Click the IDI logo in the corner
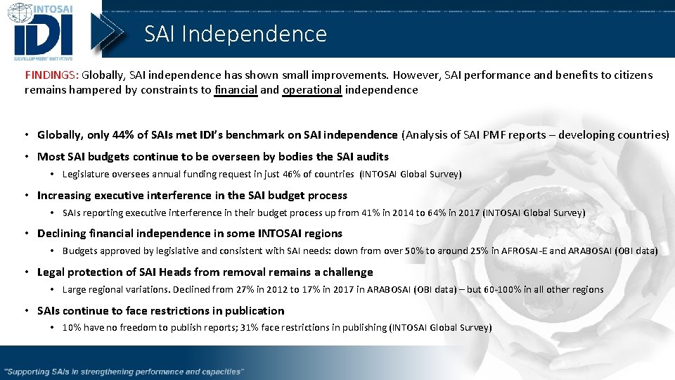click(x=46, y=32)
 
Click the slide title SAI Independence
click(x=236, y=34)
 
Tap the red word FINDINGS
click(x=51, y=75)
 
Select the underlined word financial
click(x=236, y=90)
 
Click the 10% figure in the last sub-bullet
click(x=72, y=327)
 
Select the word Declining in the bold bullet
click(x=61, y=233)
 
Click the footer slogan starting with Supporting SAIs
click(x=124, y=371)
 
